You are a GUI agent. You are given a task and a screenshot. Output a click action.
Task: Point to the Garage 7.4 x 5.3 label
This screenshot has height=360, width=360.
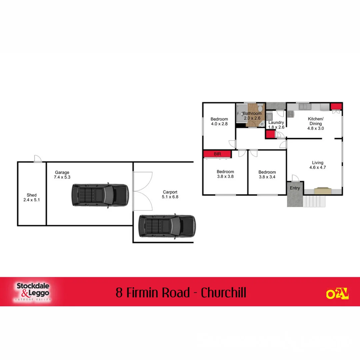click(x=62, y=175)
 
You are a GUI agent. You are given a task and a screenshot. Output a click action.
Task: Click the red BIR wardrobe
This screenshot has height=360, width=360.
click(x=217, y=154)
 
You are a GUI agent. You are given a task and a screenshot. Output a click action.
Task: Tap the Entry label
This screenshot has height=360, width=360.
click(x=295, y=188)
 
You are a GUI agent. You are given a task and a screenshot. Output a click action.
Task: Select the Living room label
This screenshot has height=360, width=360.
click(x=318, y=165)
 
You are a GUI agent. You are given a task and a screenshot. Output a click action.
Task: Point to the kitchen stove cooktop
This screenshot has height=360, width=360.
click(x=291, y=114)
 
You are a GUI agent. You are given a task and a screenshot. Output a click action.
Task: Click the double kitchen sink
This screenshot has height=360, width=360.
click(x=305, y=107)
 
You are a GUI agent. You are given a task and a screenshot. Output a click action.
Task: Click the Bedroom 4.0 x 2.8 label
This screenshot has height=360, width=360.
click(x=219, y=121)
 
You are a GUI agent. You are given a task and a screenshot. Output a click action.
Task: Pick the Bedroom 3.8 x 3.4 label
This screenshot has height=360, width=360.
click(x=267, y=174)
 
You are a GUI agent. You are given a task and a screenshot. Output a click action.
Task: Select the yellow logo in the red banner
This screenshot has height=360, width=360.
click(x=337, y=293)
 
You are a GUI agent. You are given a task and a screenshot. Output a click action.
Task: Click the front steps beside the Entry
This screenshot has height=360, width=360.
click(x=313, y=201)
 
